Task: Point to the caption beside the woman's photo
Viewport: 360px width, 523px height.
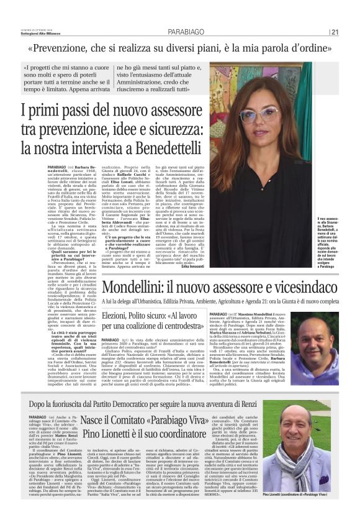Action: (331, 237)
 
